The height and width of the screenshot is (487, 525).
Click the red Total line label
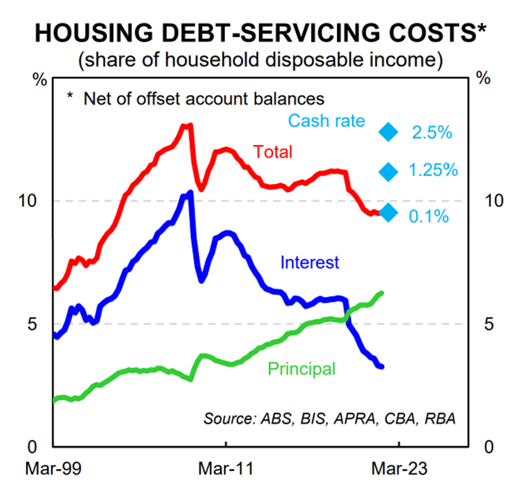(272, 151)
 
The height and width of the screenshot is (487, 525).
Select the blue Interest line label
(310, 262)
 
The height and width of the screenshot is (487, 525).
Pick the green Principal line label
(301, 368)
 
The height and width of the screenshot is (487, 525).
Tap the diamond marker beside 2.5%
(389, 132)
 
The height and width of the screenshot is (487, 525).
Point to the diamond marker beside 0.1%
(389, 212)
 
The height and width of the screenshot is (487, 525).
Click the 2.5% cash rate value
(431, 133)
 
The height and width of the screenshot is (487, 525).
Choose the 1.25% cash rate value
(433, 171)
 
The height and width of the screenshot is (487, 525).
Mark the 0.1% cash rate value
(429, 217)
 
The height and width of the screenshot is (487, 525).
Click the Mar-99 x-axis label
(53, 469)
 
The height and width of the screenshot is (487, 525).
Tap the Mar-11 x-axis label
(226, 469)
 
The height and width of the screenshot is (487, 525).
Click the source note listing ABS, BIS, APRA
(330, 418)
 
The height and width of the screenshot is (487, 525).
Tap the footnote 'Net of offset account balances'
(195, 99)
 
